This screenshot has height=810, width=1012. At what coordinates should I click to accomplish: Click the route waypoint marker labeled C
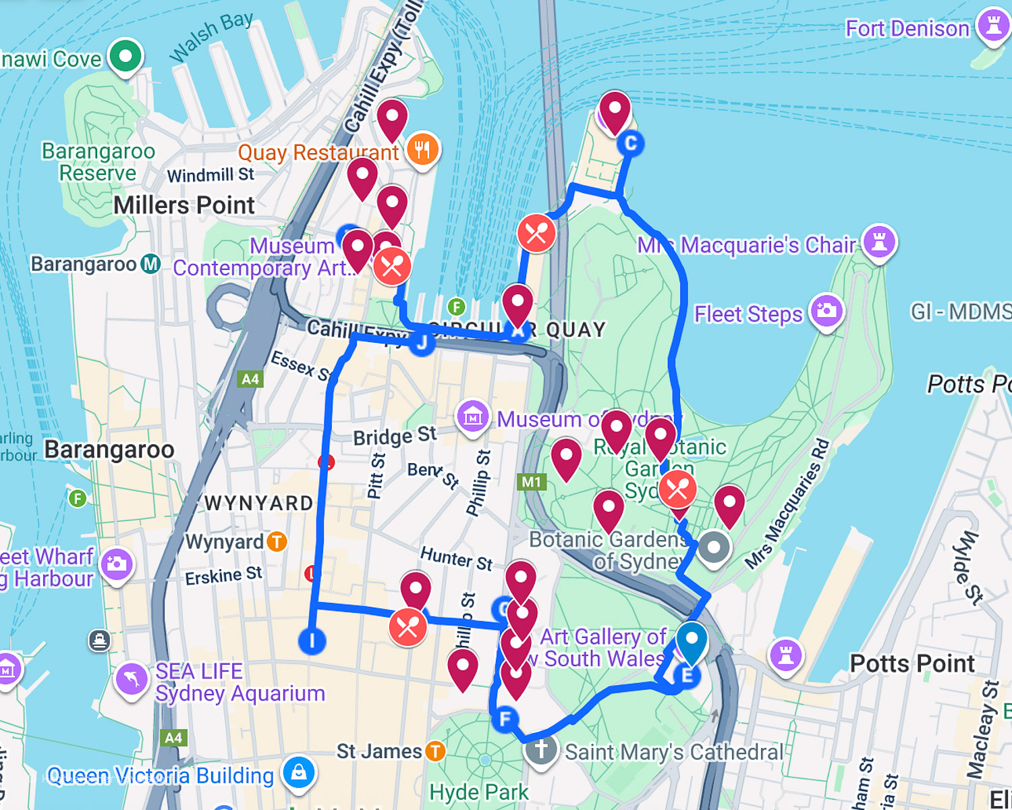point(630,143)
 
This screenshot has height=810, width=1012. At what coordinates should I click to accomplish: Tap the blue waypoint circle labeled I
point(312,641)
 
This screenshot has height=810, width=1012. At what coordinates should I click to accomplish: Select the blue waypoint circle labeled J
point(422,343)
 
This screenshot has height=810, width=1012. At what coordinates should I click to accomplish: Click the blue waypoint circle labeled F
point(505,719)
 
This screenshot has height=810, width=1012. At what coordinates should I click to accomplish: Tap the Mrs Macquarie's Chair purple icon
point(879,240)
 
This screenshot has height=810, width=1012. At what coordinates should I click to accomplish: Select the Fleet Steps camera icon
point(826,311)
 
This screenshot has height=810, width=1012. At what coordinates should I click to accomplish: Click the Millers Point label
point(184,205)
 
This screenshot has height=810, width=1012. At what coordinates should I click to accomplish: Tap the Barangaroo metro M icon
point(150,264)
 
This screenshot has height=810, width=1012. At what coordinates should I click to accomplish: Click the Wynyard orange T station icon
point(277,541)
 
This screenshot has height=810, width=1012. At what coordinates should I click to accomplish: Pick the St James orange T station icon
point(436,751)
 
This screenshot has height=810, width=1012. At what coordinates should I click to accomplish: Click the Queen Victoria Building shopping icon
point(299,772)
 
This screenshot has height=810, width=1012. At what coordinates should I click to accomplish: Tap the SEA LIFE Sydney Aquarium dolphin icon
point(132,679)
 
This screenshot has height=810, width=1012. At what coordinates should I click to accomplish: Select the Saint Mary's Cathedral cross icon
point(540,749)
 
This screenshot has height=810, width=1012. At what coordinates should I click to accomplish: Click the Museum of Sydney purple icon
point(472,416)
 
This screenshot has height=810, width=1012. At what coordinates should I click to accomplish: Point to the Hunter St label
point(456,558)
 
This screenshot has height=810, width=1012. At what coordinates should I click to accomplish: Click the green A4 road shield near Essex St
point(250,379)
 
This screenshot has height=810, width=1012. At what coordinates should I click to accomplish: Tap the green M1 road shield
point(531,482)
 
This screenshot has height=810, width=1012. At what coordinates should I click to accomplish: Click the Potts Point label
point(911,663)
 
